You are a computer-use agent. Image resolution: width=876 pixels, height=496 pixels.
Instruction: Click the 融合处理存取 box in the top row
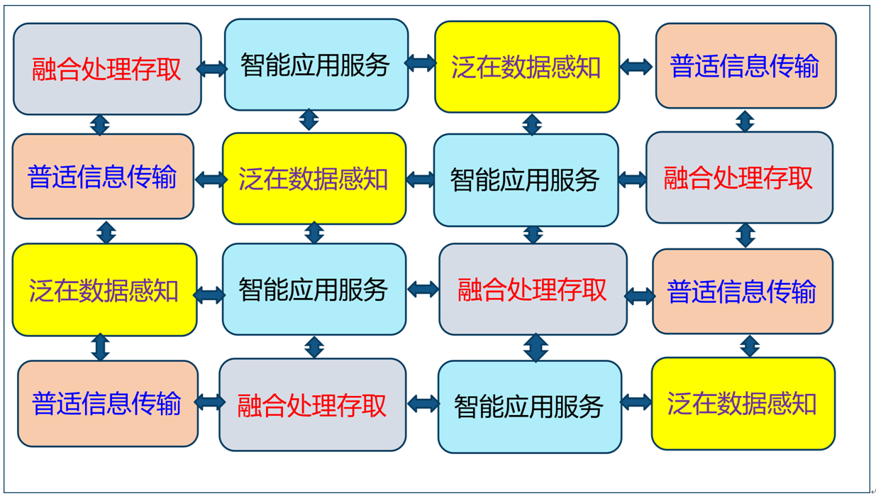(x=107, y=69)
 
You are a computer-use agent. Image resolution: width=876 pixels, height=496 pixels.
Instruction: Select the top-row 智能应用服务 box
(x=316, y=65)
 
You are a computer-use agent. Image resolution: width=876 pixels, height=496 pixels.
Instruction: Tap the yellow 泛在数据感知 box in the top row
(x=527, y=67)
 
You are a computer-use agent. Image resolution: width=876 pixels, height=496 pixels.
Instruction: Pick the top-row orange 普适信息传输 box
(x=745, y=66)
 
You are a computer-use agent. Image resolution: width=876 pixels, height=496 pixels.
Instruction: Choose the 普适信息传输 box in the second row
(x=103, y=177)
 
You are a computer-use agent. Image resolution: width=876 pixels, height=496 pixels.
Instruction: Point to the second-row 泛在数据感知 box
(x=314, y=179)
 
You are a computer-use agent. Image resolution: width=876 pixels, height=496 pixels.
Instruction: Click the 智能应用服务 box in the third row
(x=314, y=290)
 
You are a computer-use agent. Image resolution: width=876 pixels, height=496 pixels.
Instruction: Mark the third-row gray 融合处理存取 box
(x=533, y=290)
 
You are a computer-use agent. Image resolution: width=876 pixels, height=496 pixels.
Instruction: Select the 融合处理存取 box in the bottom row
(x=313, y=405)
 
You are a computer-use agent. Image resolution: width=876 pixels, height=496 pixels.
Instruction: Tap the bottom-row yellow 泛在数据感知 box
(x=743, y=404)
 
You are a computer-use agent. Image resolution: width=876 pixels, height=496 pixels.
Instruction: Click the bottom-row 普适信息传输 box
(x=108, y=404)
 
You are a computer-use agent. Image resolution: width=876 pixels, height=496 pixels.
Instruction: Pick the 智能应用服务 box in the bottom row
(x=530, y=407)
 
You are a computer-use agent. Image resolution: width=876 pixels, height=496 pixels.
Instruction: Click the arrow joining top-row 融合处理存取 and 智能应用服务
(x=212, y=69)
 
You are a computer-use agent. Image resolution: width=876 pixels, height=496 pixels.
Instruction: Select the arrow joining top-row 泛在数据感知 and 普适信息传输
(x=636, y=67)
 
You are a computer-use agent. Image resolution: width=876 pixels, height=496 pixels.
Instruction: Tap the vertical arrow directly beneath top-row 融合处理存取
(x=100, y=125)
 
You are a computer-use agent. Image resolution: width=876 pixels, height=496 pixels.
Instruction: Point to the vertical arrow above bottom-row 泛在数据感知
(x=750, y=346)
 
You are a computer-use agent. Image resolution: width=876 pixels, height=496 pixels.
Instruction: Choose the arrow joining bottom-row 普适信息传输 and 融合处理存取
(x=210, y=402)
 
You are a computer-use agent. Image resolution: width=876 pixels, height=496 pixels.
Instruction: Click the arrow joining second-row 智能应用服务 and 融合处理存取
(x=633, y=180)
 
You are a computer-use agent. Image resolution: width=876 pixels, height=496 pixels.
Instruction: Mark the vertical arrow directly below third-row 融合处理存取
(x=536, y=348)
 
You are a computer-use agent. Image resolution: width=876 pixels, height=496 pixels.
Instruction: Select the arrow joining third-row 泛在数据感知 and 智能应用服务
(x=210, y=295)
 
